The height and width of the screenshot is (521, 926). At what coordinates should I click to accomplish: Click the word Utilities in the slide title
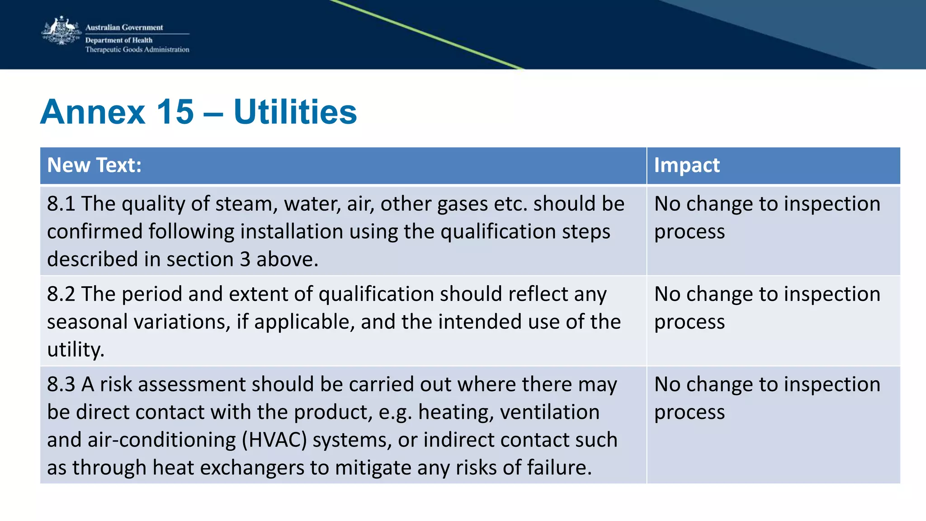(295, 112)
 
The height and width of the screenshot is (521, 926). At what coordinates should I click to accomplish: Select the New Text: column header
(94, 165)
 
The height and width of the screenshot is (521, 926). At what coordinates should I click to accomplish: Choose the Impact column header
(687, 165)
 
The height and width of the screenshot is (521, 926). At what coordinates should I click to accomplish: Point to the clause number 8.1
(61, 204)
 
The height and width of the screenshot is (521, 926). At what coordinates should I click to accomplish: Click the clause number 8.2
(61, 294)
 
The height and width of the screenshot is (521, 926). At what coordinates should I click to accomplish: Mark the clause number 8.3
(61, 385)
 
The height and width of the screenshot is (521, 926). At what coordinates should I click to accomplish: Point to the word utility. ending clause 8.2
(76, 350)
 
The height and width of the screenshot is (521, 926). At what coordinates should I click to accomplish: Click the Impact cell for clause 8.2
(767, 308)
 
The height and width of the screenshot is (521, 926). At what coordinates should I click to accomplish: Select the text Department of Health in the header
(119, 40)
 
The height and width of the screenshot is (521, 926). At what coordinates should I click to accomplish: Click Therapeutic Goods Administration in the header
(137, 50)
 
